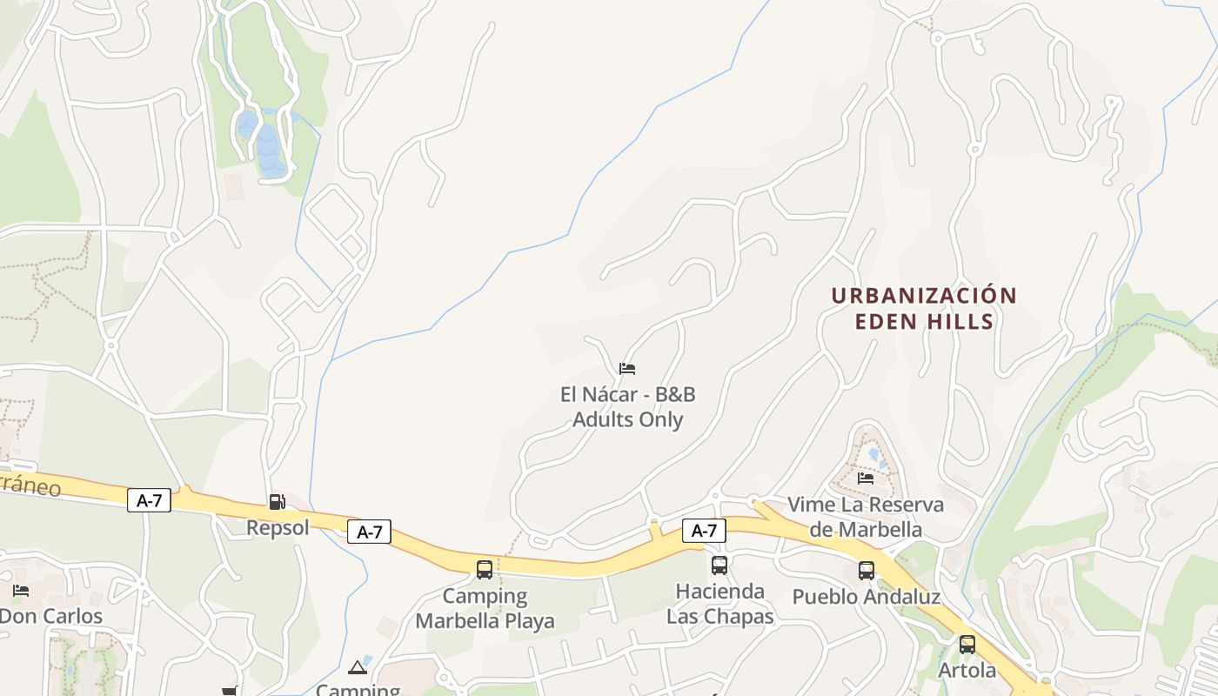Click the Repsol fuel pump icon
coord(277,501)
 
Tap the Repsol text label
coord(278,527)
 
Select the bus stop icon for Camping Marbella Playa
coord(485,570)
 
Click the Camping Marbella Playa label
coord(485,608)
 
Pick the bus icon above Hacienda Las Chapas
coord(719,565)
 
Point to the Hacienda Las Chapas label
coord(719,604)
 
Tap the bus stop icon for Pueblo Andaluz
coord(867,571)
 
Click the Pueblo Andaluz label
coord(866,597)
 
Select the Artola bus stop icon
coord(967,645)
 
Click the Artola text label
coord(967,671)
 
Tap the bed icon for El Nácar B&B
coord(627,369)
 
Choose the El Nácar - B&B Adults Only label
coord(627,407)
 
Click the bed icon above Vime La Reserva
coord(866,478)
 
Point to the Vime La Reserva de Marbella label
coord(866,517)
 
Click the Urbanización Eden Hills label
coord(924,308)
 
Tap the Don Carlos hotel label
coord(50,616)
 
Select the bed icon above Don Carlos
coord(21,591)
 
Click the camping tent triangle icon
coord(357,668)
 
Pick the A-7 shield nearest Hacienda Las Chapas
coord(704,530)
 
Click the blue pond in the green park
coord(269,148)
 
